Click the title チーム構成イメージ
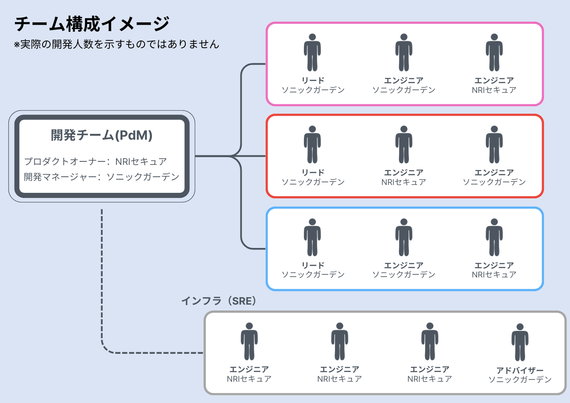click(92, 24)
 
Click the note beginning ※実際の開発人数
click(117, 44)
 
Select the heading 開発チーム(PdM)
click(102, 135)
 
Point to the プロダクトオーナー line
click(96, 161)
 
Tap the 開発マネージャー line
click(102, 177)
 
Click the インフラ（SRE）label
click(219, 301)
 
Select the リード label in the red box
click(313, 172)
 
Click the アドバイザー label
click(520, 370)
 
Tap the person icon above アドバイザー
click(520, 342)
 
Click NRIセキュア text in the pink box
click(494, 90)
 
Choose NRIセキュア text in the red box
click(403, 182)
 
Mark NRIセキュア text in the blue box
click(494, 275)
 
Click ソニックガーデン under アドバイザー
click(520, 380)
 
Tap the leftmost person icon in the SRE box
click(249, 341)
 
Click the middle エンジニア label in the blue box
click(403, 265)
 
